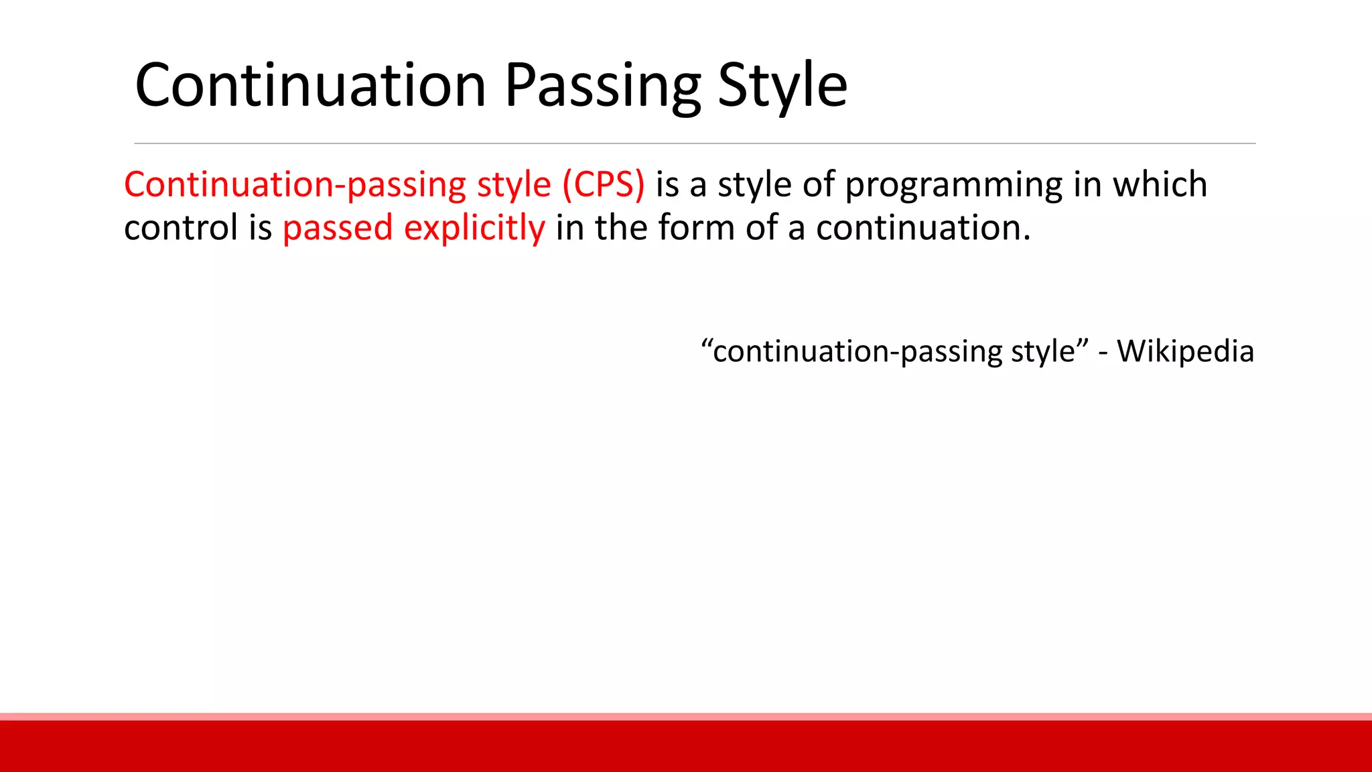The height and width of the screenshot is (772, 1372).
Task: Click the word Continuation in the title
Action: [310, 85]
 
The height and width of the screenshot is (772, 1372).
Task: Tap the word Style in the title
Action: [782, 85]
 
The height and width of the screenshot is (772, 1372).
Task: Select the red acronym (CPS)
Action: [604, 184]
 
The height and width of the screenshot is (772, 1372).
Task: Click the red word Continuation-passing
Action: [295, 184]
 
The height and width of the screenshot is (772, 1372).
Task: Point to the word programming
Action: [953, 184]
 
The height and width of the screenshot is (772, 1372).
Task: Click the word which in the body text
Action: [1160, 184]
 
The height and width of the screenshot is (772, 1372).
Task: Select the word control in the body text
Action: [181, 227]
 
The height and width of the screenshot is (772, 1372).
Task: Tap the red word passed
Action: [337, 229]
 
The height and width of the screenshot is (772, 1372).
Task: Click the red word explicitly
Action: [474, 229]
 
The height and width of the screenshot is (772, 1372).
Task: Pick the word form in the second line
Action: [696, 227]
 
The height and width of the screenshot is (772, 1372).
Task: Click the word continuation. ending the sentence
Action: [922, 227]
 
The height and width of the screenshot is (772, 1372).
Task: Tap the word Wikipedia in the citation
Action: [1185, 351]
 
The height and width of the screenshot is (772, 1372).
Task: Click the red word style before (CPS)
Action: [513, 184]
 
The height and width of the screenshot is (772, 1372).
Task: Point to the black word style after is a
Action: [754, 184]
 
